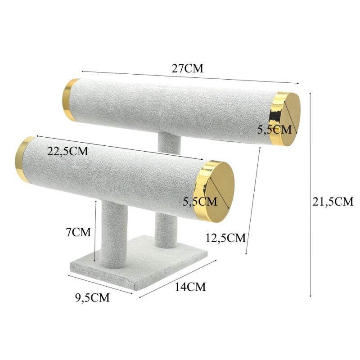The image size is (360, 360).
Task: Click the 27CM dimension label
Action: coord(187,68)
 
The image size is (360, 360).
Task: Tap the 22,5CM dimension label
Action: coord(68,151)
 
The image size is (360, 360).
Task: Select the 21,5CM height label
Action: coord(333,202)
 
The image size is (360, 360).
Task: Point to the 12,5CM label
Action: coord(225,238)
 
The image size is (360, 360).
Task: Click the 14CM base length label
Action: coord(190,287)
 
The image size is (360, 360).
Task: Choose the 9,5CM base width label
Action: coord(92,298)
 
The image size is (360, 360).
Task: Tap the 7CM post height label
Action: coord(78,232)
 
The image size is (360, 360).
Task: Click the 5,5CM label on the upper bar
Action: coord(274,130)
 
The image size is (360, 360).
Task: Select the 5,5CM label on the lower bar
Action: coord(200,201)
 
